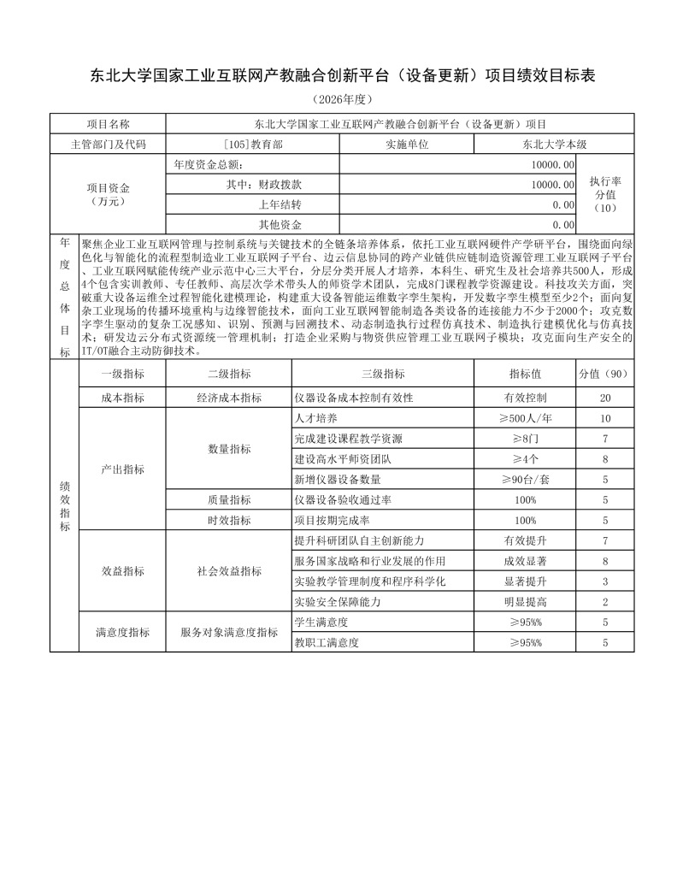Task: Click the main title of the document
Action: [342, 76]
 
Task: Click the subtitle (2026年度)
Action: [342, 100]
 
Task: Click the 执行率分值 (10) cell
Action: [604, 195]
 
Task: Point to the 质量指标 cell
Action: [229, 499]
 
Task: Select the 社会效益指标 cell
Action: [229, 571]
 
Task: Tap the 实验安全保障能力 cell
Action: [337, 602]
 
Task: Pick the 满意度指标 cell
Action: [122, 633]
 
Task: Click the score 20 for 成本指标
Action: [604, 398]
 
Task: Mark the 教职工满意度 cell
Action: [326, 642]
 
